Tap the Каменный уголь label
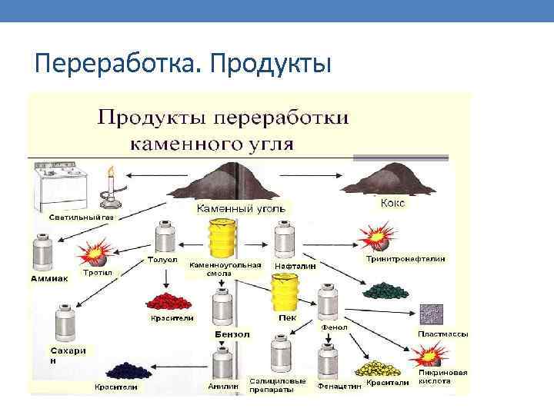pos(241,208)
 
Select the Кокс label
pos(392,204)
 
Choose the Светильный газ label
pos(81,217)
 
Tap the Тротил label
pos(98,273)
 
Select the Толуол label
pos(162,260)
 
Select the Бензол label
pos(232,335)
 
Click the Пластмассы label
pos(442,334)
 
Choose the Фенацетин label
pos(339,387)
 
